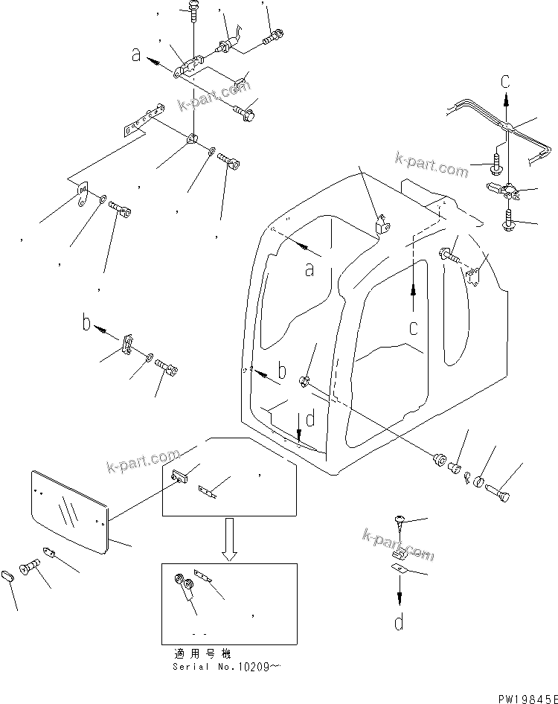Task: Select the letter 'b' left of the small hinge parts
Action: (86, 324)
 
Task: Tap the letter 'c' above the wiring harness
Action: (505, 80)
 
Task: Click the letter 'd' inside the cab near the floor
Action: (311, 419)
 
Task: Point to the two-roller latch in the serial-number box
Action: (185, 587)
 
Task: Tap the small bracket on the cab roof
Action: (382, 223)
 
